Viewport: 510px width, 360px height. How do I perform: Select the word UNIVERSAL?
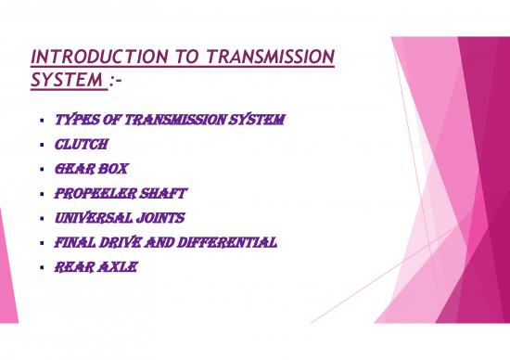[x=91, y=218]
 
